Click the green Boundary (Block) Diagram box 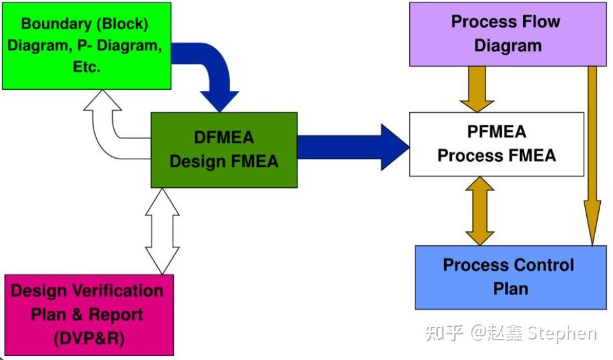coord(87,45)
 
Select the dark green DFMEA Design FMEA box coord(224,150)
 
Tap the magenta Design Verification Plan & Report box coord(88,314)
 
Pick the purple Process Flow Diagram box coord(507,34)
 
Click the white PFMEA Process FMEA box coord(496,144)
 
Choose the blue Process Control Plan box coord(510,277)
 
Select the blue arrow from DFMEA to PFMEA coord(350,147)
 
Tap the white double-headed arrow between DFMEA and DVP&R coord(162,231)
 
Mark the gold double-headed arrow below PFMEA coord(480,211)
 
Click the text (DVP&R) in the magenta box coord(88,338)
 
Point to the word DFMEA coord(224,138)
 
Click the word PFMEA coord(496,132)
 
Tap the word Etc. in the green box coord(87,66)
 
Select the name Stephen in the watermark coord(565,333)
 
